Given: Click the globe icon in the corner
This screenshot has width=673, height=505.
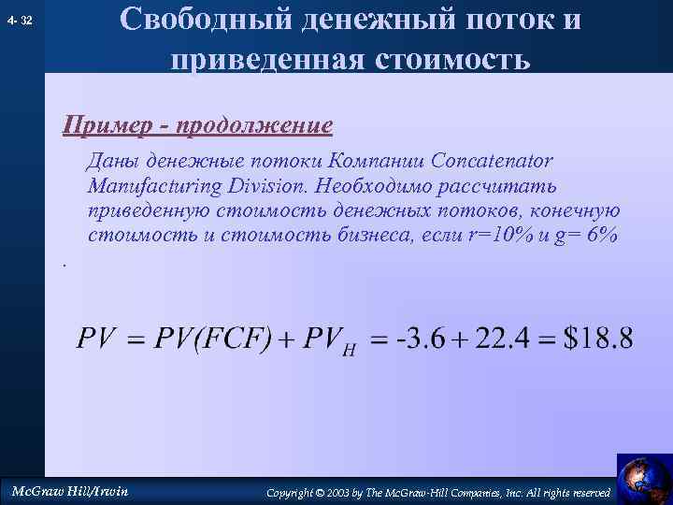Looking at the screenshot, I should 643,478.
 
